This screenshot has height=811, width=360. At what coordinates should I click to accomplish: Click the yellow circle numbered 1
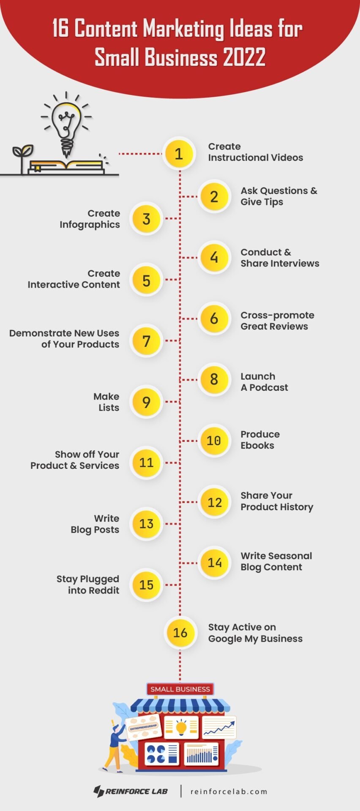tap(179, 154)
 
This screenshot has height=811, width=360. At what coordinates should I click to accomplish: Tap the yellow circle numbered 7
tap(146, 341)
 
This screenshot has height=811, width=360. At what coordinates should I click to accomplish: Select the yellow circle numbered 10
tap(214, 441)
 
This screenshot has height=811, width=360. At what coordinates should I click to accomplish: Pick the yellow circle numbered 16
tap(180, 632)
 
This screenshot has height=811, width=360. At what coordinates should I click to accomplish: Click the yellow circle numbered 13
tap(146, 524)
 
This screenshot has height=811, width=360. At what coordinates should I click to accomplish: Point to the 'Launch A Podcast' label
tap(264, 382)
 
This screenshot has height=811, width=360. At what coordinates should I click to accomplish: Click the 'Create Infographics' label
tap(90, 219)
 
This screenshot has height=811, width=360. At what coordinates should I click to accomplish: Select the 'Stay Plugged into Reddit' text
tap(88, 585)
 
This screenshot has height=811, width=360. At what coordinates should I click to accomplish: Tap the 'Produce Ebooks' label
tap(260, 440)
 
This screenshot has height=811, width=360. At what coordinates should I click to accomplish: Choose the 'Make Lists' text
tap(106, 402)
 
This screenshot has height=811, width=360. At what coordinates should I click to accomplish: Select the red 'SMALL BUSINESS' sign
tap(180, 689)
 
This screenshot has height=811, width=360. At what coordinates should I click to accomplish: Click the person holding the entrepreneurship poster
tap(114, 746)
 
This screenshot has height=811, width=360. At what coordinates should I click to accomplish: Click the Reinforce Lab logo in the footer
tap(131, 791)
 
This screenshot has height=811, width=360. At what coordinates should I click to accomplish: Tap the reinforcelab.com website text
tap(229, 792)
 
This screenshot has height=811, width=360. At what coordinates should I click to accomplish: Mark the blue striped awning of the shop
tap(180, 705)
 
